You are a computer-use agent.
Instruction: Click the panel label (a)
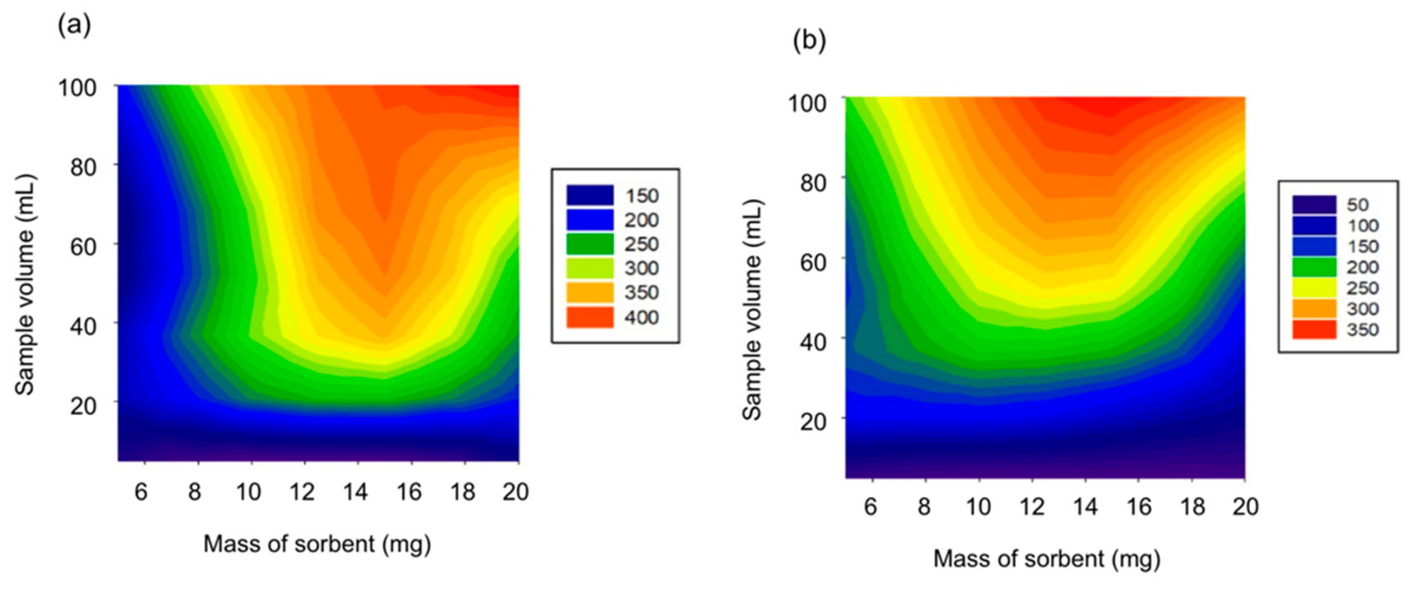(x=74, y=25)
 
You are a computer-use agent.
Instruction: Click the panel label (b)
(x=809, y=40)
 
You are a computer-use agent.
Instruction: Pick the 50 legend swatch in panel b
(x=1314, y=205)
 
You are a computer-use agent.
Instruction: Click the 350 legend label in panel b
(x=1362, y=329)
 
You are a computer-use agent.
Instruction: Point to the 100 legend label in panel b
(x=1362, y=225)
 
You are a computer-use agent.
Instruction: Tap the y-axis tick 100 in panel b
(x=807, y=103)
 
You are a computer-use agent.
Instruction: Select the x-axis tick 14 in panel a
(x=355, y=492)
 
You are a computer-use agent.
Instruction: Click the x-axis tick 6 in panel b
(x=871, y=507)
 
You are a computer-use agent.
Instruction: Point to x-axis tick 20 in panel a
(x=515, y=492)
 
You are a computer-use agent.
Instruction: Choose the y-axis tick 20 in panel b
(x=813, y=421)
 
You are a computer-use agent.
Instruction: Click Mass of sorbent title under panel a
(x=317, y=545)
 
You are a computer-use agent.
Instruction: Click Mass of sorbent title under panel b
(x=1047, y=559)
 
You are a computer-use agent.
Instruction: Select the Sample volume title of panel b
(x=752, y=310)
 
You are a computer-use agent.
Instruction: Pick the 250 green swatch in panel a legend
(x=590, y=244)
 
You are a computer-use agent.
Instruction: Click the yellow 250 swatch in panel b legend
(x=1314, y=288)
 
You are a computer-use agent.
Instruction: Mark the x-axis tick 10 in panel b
(x=978, y=507)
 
